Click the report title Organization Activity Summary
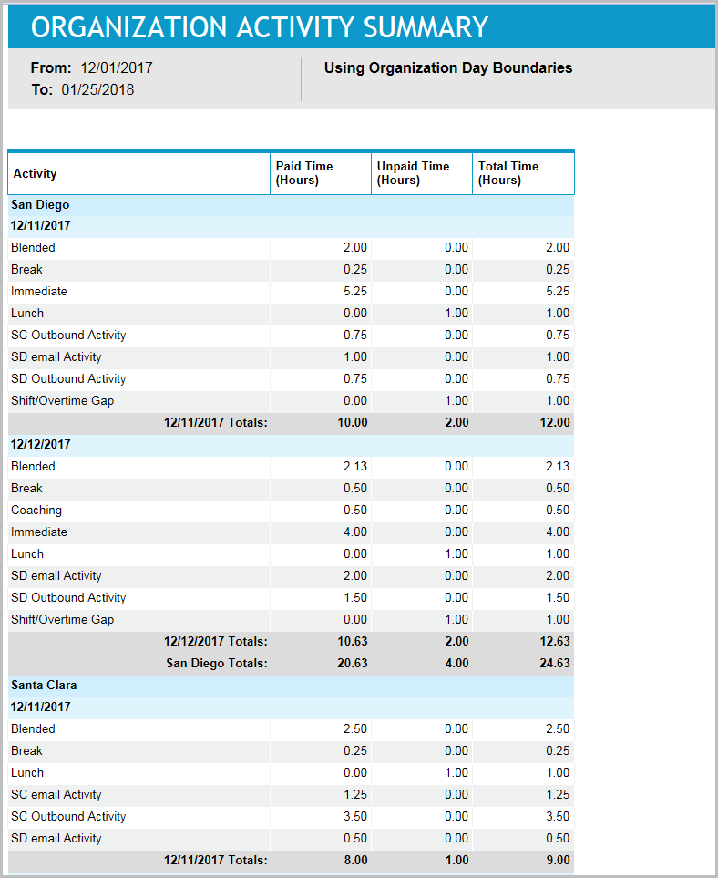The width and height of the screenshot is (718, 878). [x=260, y=27]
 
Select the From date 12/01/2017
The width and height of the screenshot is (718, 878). [x=117, y=67]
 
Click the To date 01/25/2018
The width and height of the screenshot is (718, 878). [x=97, y=90]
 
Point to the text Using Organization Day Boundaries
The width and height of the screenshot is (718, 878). [x=448, y=67]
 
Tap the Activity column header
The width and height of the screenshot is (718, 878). [x=36, y=173]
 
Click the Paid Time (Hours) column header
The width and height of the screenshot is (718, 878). [x=304, y=173]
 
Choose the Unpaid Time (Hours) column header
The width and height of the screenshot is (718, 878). [x=413, y=173]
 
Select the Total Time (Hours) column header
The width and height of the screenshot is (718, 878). [x=508, y=173]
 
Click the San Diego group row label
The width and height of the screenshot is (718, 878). [x=40, y=205]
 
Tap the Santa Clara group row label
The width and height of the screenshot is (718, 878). [x=44, y=685]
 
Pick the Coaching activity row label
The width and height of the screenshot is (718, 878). [x=36, y=510]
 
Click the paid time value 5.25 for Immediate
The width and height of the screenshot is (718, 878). [x=355, y=291]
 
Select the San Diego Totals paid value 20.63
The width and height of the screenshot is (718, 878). [x=353, y=663]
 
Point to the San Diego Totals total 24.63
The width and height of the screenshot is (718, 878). [x=555, y=663]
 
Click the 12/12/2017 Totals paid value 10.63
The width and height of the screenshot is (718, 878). [x=353, y=641]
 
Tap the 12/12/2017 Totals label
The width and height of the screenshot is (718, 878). [x=215, y=641]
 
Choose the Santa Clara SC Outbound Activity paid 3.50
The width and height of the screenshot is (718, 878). [x=355, y=816]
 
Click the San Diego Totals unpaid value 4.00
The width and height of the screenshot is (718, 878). [x=456, y=663]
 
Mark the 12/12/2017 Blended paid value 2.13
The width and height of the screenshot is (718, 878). [x=355, y=466]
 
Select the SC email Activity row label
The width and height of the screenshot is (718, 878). [x=56, y=794]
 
